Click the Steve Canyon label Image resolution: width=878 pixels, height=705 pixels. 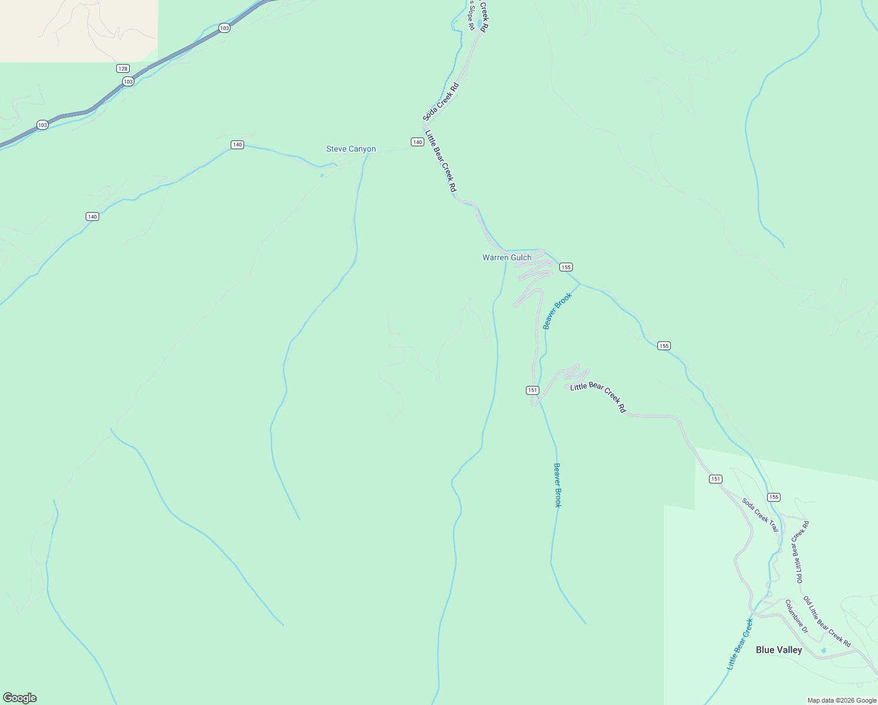(x=351, y=149)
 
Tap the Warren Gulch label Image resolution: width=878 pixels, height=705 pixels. (x=506, y=258)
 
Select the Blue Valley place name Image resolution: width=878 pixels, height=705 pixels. (x=778, y=650)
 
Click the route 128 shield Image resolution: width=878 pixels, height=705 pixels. (x=123, y=69)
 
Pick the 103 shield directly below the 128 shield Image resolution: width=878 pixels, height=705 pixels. (x=129, y=82)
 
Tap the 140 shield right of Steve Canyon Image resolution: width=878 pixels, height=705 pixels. (x=417, y=142)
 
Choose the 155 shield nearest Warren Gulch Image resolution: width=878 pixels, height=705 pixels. (x=565, y=267)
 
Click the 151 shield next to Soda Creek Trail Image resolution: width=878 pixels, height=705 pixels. (x=715, y=479)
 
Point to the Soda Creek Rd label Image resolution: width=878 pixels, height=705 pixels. (x=441, y=102)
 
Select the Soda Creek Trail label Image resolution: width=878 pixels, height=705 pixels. (x=760, y=515)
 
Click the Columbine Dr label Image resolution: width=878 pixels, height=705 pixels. (x=796, y=616)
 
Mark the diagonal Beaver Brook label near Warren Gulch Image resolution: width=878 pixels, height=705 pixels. (x=557, y=311)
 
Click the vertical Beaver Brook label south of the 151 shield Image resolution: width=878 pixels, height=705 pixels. (x=558, y=485)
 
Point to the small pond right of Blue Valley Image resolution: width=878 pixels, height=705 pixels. (x=823, y=650)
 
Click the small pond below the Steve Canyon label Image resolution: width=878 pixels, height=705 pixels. (x=322, y=175)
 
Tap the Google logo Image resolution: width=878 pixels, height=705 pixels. (x=20, y=698)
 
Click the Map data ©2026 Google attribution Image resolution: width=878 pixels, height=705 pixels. (x=842, y=700)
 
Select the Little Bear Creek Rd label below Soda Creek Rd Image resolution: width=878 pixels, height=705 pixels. (x=440, y=161)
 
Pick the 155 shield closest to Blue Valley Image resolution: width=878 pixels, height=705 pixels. (x=774, y=497)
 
